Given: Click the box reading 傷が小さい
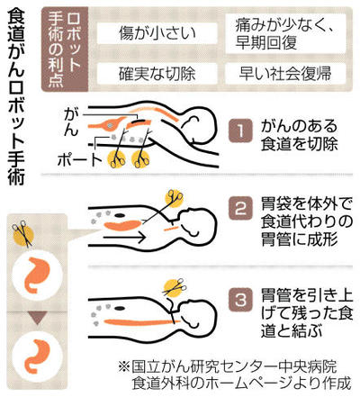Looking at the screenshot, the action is click(157, 33).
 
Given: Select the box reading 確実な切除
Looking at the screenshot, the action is click(157, 74).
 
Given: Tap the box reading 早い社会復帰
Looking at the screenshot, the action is click(285, 74).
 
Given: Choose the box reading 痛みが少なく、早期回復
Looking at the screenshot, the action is click(285, 33).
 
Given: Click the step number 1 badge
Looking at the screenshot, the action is click(240, 131).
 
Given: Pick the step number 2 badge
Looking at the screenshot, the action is click(240, 208).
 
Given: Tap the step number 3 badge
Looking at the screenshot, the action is click(240, 300).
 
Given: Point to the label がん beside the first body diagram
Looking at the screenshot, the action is click(71, 122).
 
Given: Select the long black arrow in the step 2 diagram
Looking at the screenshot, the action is click(125, 238).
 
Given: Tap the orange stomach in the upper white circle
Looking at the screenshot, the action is click(36, 275).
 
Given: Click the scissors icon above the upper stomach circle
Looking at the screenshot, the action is click(22, 234).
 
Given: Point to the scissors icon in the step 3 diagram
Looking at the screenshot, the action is click(174, 288).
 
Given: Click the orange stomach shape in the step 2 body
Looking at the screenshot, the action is click(122, 224).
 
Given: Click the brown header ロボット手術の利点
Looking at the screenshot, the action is click(64, 50).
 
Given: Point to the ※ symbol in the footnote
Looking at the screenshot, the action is click(123, 366).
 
